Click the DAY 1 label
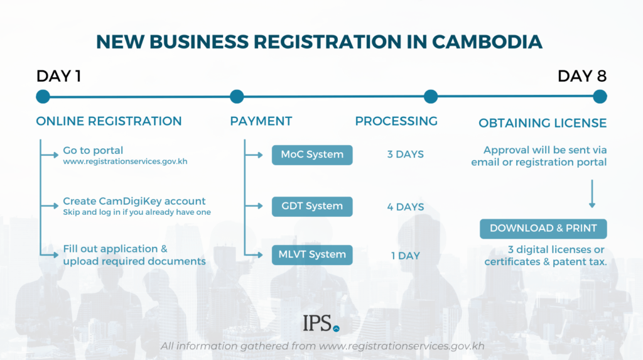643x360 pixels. [x=59, y=77]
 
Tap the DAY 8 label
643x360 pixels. [x=582, y=77]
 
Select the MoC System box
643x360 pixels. [x=312, y=155]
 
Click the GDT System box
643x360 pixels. [x=312, y=206]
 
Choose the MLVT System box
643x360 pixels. [x=312, y=254]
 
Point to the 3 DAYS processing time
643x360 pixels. [x=405, y=155]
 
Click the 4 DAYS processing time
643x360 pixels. [x=405, y=207]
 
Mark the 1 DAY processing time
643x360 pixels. [x=405, y=256]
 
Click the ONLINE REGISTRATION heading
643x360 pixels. [x=109, y=121]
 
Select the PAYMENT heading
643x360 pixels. [x=261, y=121]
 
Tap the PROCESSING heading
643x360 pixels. [x=396, y=121]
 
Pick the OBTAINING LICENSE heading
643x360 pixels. [x=543, y=123]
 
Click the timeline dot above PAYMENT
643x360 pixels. [x=237, y=97]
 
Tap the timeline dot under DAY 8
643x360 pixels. [x=600, y=97]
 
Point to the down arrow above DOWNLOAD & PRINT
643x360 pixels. [x=592, y=195]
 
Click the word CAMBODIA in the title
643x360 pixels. [x=487, y=41]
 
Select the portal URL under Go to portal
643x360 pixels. [x=125, y=162]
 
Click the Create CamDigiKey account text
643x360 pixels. [x=134, y=201]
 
